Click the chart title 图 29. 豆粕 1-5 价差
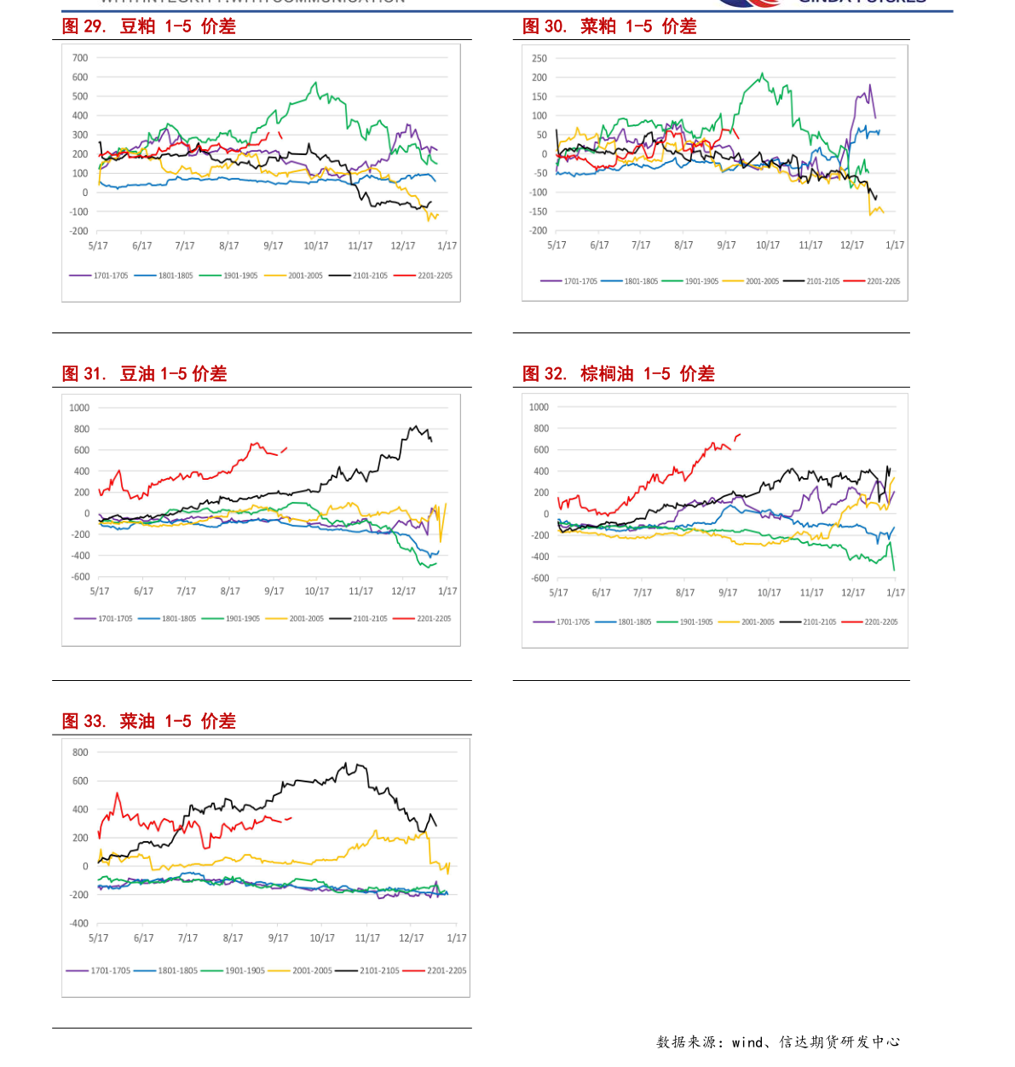(149, 26)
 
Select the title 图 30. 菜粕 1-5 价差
(609, 26)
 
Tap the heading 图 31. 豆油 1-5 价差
(144, 373)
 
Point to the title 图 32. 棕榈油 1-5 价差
(619, 373)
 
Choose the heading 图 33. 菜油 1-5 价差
(149, 721)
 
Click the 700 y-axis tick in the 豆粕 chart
(80, 58)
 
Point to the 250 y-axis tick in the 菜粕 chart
(539, 59)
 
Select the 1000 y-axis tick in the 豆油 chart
(79, 407)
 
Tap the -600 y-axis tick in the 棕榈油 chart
(540, 578)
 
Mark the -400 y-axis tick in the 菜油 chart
(79, 923)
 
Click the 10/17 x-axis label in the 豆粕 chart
(316, 245)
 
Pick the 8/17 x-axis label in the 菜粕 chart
(683, 245)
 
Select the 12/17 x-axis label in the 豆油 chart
(403, 591)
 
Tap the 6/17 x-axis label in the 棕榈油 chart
(601, 592)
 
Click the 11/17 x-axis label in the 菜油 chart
(367, 937)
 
